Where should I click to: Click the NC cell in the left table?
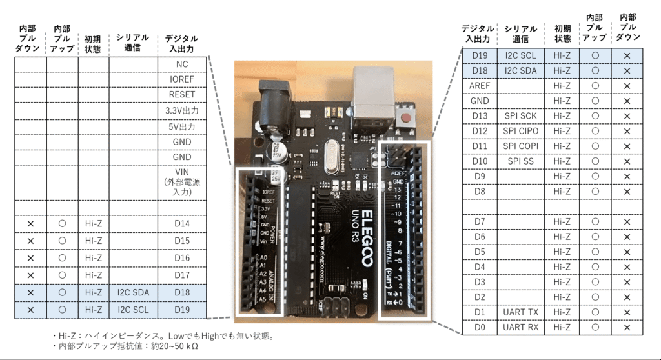coord(181,64)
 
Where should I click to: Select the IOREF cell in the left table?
coord(181,79)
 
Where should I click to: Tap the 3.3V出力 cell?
coord(181,110)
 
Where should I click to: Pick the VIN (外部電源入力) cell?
coord(181,183)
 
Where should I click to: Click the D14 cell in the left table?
coord(181,224)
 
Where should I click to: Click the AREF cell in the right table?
coord(478,85)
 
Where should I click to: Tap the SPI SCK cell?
coord(521,115)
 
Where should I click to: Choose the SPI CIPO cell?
coord(521,131)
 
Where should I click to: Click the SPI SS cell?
coord(521,161)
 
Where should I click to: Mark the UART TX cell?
coord(521,312)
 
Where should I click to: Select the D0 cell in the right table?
coord(478,328)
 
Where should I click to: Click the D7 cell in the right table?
coord(478,222)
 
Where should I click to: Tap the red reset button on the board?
coord(407,117)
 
